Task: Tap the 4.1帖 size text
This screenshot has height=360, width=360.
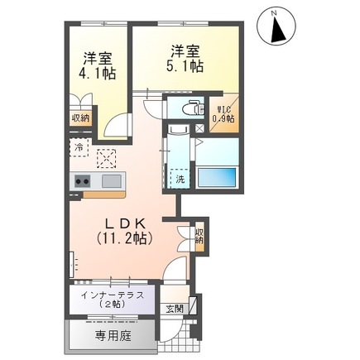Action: [x=98, y=74]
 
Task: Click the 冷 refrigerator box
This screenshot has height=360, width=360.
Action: [x=79, y=148]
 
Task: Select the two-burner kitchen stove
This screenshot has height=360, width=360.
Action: [x=83, y=181]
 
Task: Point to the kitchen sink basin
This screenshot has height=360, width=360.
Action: [x=110, y=181]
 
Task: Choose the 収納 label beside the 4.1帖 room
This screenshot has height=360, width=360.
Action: [x=80, y=118]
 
